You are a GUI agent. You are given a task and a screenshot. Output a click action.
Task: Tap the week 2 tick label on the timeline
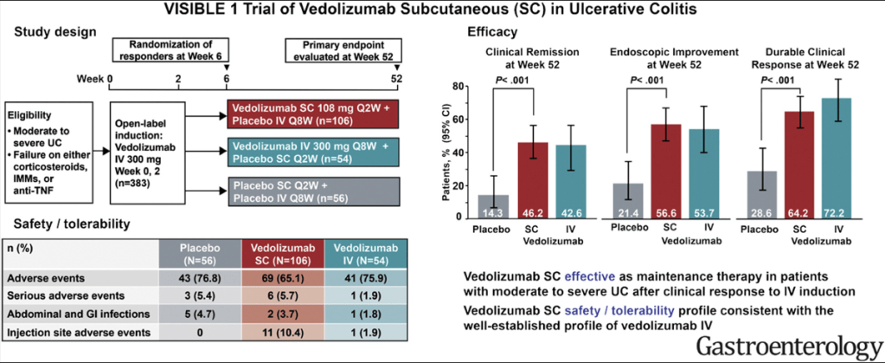178,79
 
